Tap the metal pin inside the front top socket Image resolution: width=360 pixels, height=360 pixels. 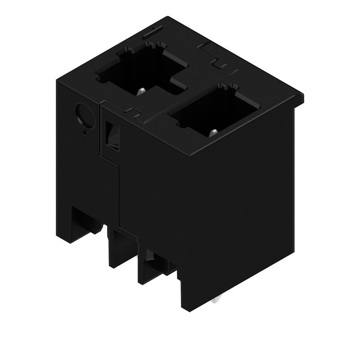(214, 131)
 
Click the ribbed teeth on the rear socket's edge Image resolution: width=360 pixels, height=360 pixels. (153, 46)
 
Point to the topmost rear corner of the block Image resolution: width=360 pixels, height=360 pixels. (169, 18)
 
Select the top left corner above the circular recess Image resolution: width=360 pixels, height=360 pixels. (56, 81)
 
